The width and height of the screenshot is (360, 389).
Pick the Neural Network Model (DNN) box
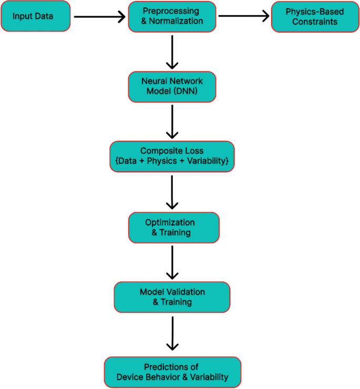tap(172, 87)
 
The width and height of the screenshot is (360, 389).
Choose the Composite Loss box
tap(172, 156)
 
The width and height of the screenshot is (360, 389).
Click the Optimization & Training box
tap(173, 227)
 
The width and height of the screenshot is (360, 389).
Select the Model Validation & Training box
tap(172, 297)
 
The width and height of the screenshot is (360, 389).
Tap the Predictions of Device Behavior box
tap(172, 372)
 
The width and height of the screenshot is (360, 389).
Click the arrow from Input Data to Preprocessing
tap(100, 17)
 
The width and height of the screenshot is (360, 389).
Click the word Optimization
tap(170, 223)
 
